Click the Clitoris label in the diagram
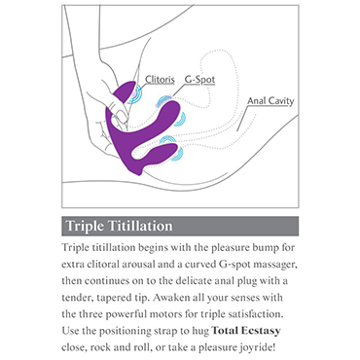tap(160, 80)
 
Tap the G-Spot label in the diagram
tap(199, 80)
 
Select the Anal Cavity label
tap(270, 101)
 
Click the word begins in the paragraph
tap(153, 248)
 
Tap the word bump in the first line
tap(263, 248)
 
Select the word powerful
tap(133, 314)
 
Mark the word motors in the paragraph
tap(172, 314)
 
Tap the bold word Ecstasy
tap(261, 331)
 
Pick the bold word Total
tap(226, 331)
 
